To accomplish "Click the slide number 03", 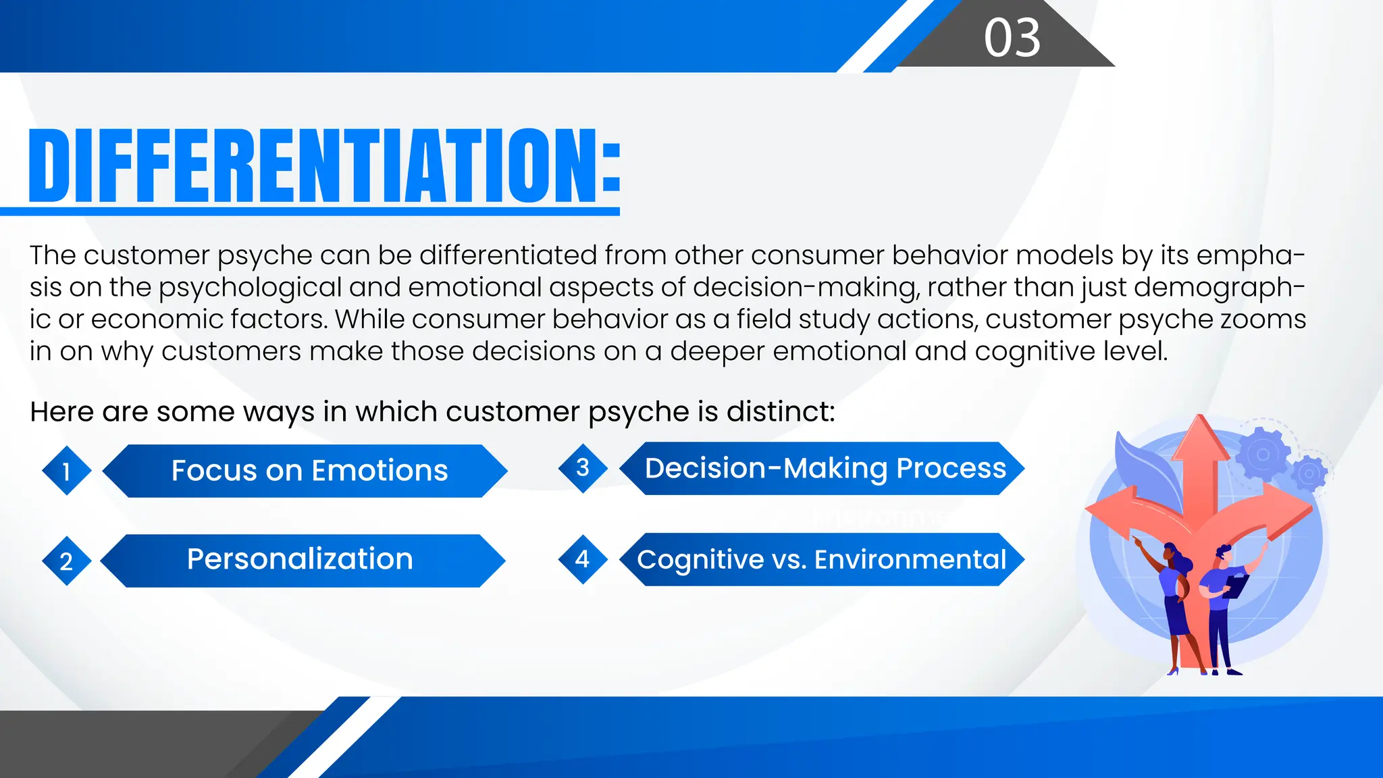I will pos(1012,38).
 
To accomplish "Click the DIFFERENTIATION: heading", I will pos(324,166).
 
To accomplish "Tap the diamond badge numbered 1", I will pos(66,471).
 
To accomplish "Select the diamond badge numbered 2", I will pos(66,561).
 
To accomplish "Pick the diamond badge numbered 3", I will pos(583,467).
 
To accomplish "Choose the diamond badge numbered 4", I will pos(583,559).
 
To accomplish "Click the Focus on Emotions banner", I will pos(309,471).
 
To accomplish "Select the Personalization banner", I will pos(300,560).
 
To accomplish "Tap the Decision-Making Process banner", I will pos(825,468).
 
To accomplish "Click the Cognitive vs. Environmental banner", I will pos(822,560).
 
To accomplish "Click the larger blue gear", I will pos(1262,455).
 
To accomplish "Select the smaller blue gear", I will pos(1309,473).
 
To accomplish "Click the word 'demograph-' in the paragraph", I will pos(1219,288).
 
